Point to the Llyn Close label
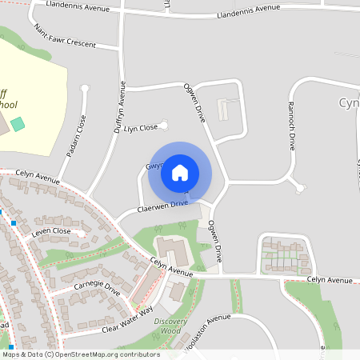click(x=140, y=128)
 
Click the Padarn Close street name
click(x=81, y=136)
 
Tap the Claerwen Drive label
click(x=162, y=205)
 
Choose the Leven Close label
click(x=51, y=230)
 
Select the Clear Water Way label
click(x=116, y=322)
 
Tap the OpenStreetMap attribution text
click(x=80, y=354)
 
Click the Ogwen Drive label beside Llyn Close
click(x=195, y=102)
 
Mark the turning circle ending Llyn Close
click(x=164, y=123)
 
